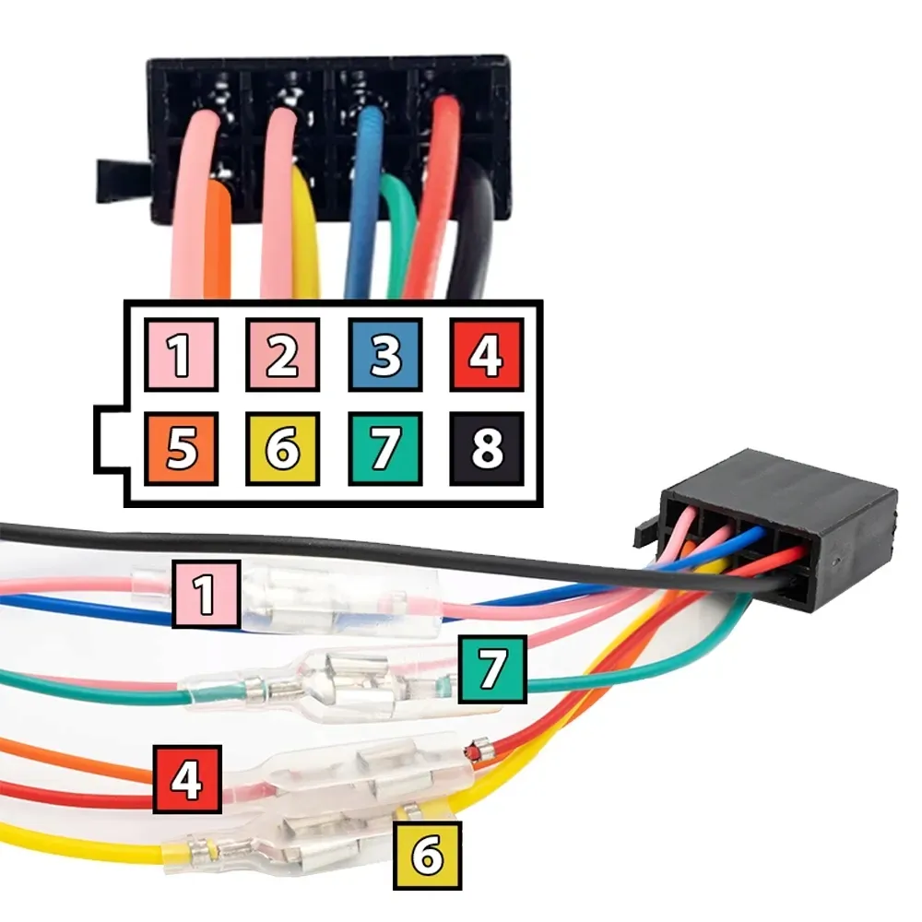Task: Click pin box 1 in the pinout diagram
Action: [x=181, y=355]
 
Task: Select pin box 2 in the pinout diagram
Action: [x=283, y=355]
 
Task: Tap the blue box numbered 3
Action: [x=385, y=355]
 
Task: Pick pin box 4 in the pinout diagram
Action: [x=487, y=355]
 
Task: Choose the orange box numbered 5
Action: [x=181, y=449]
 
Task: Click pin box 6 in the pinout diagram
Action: [x=283, y=449]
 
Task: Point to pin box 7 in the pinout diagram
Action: [x=385, y=449]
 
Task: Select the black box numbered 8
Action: [x=487, y=449]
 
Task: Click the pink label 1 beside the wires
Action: [x=207, y=594]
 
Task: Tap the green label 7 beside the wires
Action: [x=492, y=669]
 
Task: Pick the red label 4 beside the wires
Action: [x=187, y=780]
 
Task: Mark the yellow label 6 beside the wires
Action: [x=428, y=856]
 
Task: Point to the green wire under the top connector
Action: [x=396, y=235]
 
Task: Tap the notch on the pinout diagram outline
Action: [x=110, y=439]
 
